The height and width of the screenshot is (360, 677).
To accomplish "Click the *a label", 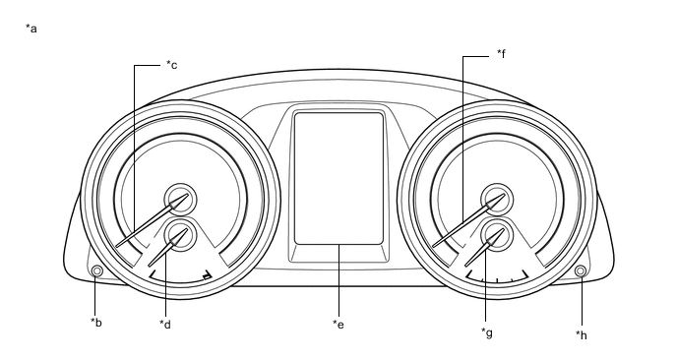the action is [x=31, y=29].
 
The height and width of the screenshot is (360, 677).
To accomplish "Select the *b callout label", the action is [x=96, y=322].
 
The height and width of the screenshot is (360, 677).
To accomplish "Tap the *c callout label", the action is [x=172, y=65].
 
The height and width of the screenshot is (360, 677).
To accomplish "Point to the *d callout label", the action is [x=165, y=324].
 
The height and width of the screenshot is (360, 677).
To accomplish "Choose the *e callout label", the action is [x=338, y=325].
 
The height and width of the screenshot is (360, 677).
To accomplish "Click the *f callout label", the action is [x=501, y=53].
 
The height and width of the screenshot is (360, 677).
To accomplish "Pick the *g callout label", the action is [x=487, y=332].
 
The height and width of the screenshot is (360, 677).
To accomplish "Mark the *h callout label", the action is [x=582, y=335].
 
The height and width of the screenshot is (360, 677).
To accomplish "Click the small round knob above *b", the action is [x=97, y=271].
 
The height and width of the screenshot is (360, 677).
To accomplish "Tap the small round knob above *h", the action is [x=581, y=270].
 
